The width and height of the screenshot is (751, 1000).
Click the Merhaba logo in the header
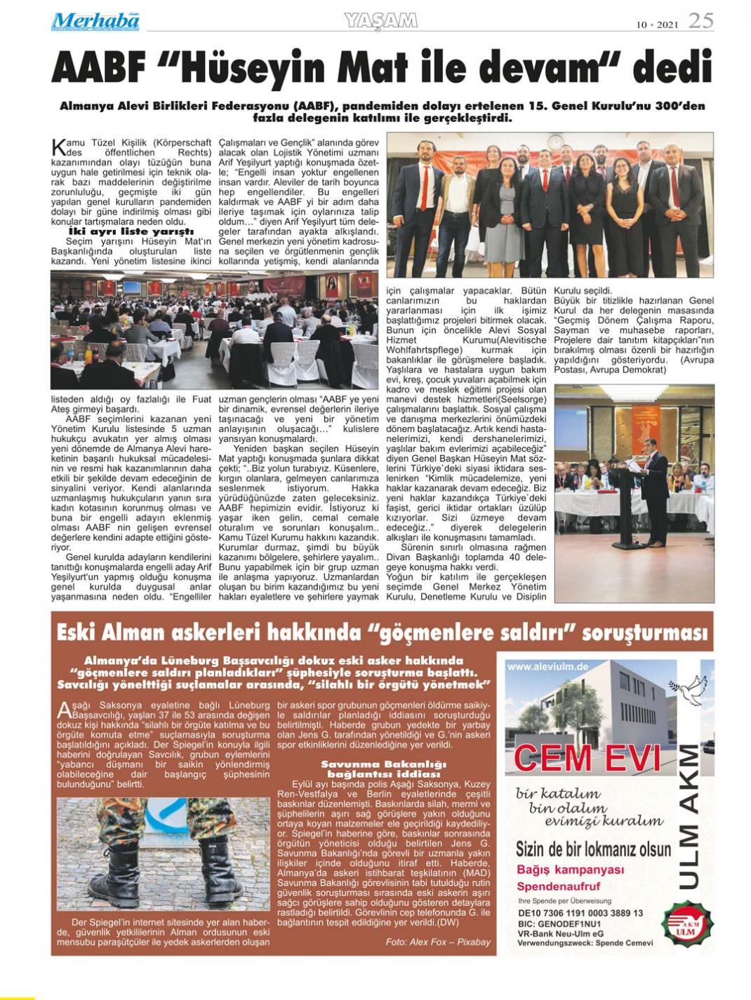(95, 22)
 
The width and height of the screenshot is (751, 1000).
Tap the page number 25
(700, 21)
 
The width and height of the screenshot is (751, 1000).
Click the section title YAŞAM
(381, 21)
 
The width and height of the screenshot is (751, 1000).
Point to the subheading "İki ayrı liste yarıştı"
(131, 231)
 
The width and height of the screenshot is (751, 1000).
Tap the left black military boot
(115, 873)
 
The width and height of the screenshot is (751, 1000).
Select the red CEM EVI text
(587, 758)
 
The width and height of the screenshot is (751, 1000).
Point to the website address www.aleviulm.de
(547, 666)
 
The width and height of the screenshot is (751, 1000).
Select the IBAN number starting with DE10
(580, 913)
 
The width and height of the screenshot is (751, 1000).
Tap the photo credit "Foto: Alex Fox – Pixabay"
(438, 942)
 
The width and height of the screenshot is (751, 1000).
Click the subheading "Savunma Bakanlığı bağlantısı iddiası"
(383, 769)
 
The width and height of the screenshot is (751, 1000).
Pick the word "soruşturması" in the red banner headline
(642, 633)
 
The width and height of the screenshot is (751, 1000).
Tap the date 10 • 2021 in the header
(657, 25)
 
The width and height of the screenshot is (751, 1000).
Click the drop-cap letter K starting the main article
(59, 147)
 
